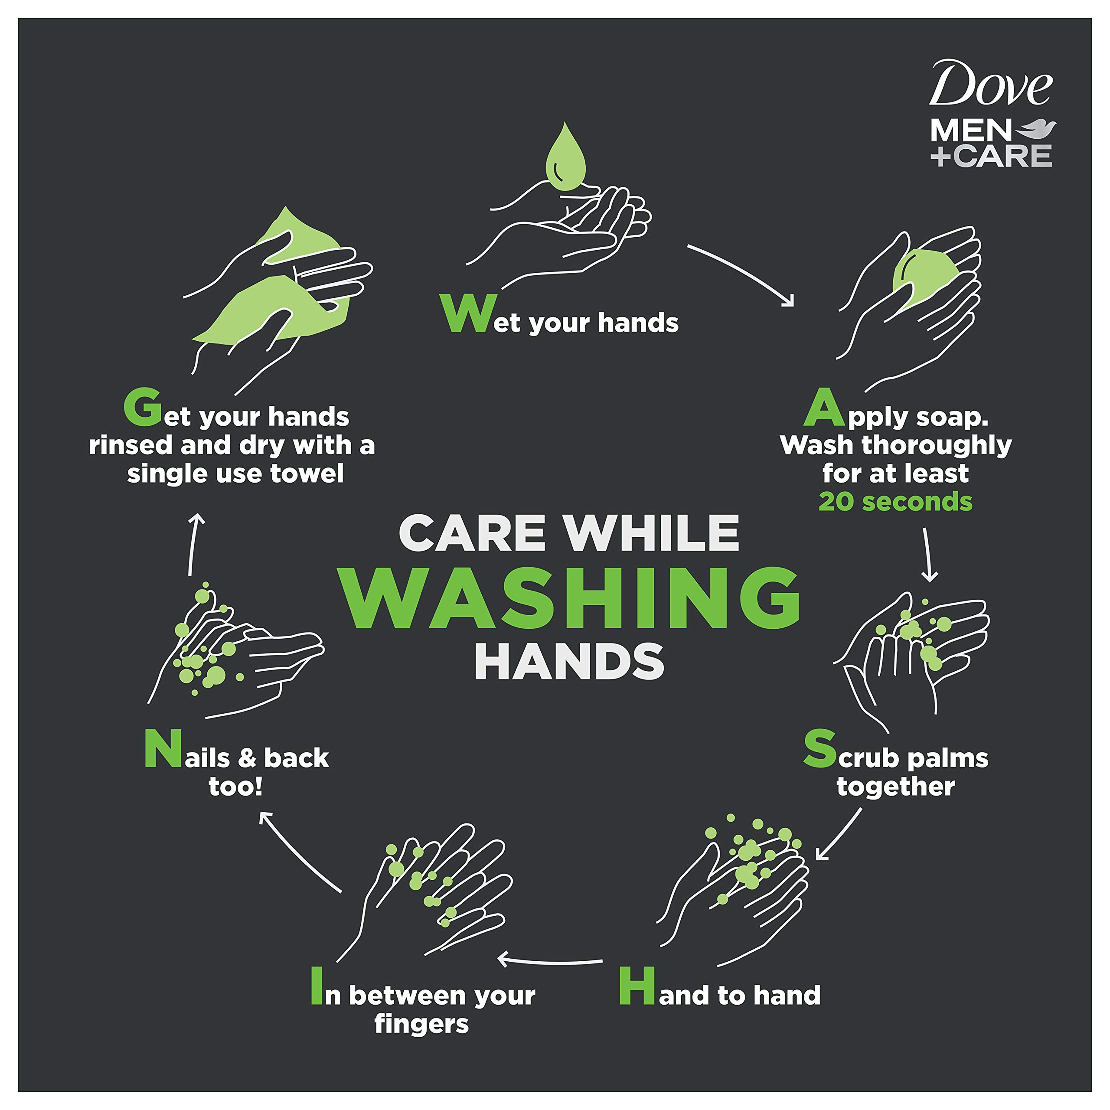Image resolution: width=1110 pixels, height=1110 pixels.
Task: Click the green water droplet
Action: (x=565, y=160)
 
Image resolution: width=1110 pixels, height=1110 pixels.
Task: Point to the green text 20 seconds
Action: (x=895, y=502)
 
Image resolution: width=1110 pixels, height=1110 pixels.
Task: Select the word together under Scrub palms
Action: (x=895, y=787)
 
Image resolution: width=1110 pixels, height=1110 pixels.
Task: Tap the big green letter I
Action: (x=316, y=986)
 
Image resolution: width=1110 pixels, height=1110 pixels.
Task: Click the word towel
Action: (x=307, y=473)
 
